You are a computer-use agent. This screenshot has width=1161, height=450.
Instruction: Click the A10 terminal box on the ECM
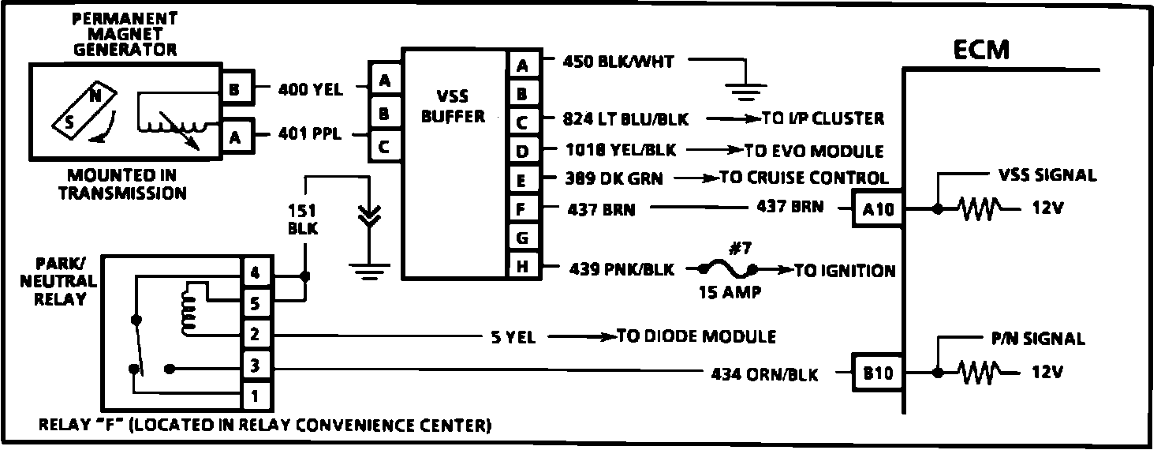877,210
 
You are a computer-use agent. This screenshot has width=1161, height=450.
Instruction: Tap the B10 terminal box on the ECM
877,373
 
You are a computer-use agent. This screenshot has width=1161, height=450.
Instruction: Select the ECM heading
980,51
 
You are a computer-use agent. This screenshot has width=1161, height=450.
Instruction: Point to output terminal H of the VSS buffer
521,266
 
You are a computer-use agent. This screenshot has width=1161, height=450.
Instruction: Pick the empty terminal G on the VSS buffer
521,237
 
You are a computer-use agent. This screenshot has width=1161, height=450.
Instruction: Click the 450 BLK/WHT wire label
619,61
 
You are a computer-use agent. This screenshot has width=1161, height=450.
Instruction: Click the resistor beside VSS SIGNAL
979,209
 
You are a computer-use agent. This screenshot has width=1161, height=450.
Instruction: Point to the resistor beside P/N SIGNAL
979,373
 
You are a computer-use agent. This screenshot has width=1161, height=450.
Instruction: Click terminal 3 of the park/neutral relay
255,366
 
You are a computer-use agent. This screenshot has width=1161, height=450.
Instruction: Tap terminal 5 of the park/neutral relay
255,302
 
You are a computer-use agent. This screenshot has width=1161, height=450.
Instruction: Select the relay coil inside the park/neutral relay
188,308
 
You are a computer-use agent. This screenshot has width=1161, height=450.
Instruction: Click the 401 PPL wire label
310,135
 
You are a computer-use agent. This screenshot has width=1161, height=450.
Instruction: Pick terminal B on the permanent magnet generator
235,89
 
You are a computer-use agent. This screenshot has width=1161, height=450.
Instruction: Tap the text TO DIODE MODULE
696,337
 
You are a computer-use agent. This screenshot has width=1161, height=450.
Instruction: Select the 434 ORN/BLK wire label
764,374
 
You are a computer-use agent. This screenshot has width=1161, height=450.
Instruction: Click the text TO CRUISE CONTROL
804,178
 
